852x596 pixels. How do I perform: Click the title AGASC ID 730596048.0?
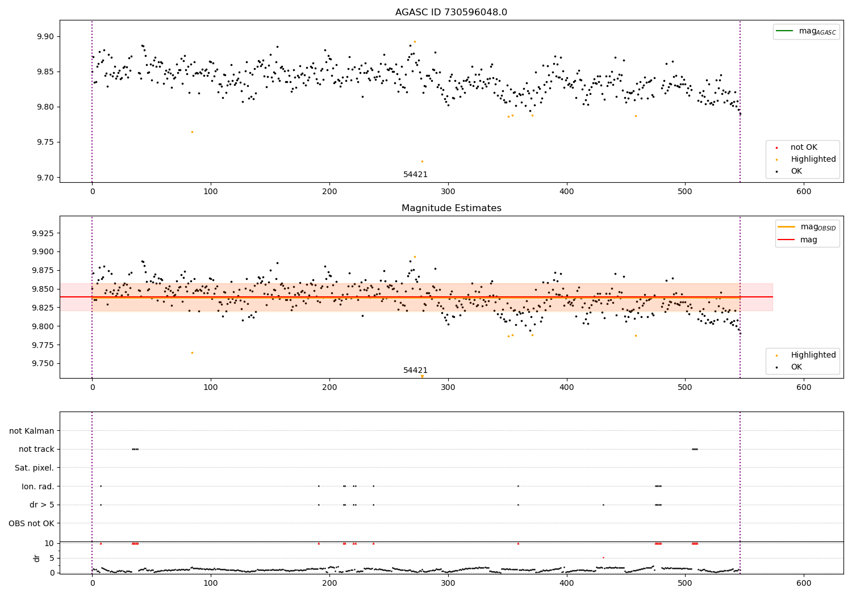coord(451,12)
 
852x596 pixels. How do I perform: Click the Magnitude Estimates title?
coord(451,208)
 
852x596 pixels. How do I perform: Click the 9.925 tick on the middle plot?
coord(42,233)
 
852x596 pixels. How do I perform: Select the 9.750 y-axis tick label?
coord(42,363)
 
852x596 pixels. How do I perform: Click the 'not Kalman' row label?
coord(32,431)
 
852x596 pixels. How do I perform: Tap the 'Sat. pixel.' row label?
coord(35,468)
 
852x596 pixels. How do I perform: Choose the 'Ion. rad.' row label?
coord(38,486)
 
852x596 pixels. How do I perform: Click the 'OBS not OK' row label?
coord(32,523)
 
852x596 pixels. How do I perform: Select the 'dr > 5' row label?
coord(42,505)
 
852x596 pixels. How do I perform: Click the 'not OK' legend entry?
coord(804,148)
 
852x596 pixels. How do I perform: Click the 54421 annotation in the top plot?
coord(415,175)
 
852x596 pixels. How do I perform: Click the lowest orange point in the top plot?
coord(422,161)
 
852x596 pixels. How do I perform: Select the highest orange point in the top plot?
coord(415,41)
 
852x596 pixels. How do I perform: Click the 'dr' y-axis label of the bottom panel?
coord(37,558)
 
